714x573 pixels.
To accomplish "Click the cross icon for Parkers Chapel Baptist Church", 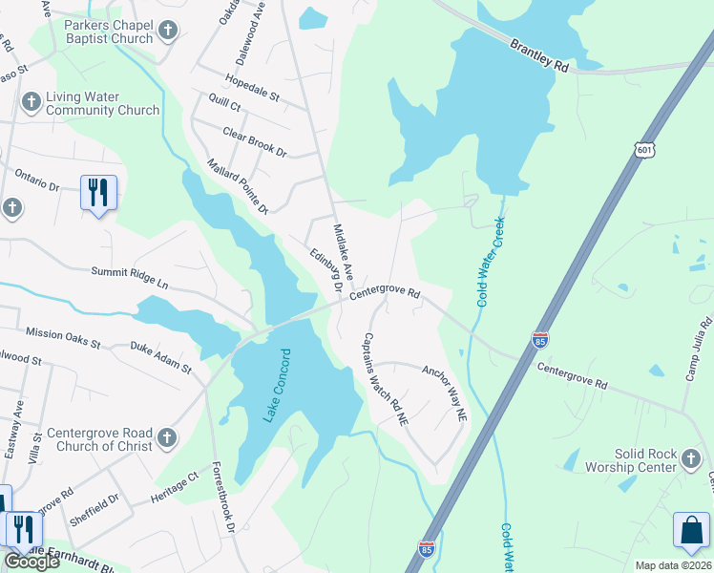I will (x=168, y=31).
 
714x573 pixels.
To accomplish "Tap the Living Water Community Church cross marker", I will (x=31, y=102).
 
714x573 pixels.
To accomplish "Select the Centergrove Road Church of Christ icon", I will (x=167, y=437).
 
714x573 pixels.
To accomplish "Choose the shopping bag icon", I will (x=692, y=532).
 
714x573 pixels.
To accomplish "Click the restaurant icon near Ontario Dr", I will (x=98, y=192).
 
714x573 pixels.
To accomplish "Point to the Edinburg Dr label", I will (x=325, y=269).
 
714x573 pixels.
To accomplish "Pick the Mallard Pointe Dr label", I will (x=238, y=185).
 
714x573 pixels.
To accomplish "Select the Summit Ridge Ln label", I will (x=129, y=278).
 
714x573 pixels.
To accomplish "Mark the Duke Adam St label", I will (x=161, y=359).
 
